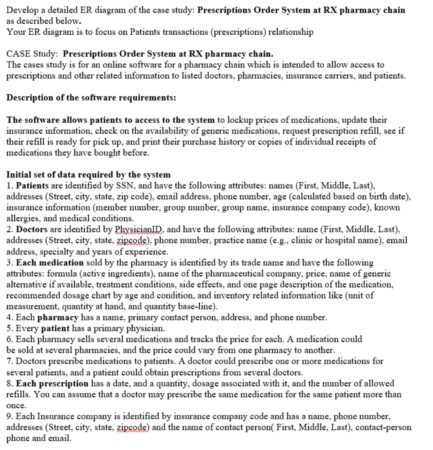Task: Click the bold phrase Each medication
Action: [x=49, y=262]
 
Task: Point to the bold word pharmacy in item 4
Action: [x=58, y=317]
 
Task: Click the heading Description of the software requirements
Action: [x=91, y=97]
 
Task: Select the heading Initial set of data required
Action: [x=89, y=174]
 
